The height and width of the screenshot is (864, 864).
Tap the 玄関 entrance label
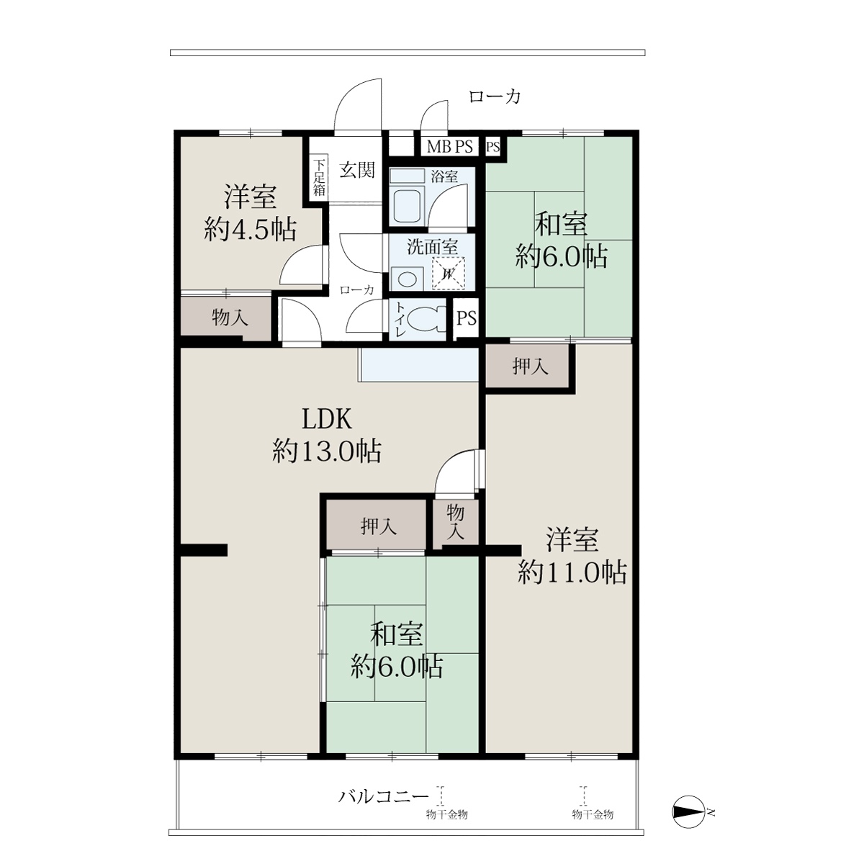356,170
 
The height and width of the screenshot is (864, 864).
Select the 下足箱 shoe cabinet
319,178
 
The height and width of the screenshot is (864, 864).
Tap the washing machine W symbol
448,273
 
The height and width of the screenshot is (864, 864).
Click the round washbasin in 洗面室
407,279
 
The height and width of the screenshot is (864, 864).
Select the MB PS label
449,147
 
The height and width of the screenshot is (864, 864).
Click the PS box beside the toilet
467,318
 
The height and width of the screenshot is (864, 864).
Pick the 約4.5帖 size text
250,230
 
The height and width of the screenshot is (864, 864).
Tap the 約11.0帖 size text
572,572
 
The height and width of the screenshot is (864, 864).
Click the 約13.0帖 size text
327,451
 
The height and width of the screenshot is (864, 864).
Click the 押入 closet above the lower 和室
376,526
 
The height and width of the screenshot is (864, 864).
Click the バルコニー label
383,796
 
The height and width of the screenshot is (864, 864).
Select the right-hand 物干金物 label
593,814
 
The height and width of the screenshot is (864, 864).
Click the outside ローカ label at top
495,96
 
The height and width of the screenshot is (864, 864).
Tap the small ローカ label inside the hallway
356,290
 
